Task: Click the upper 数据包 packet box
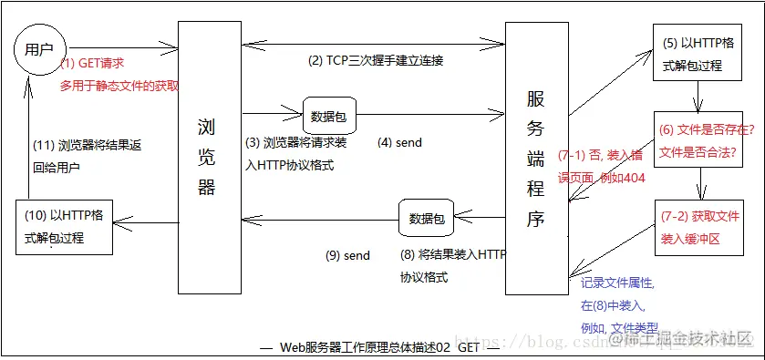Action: [x=327, y=117]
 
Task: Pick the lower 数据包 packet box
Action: [x=426, y=219]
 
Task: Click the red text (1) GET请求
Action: [x=92, y=64]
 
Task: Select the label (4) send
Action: [x=399, y=143]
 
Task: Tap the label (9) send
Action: [x=347, y=255]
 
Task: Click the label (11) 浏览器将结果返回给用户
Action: [x=86, y=156]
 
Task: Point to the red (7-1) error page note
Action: [x=602, y=166]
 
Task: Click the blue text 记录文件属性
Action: [x=617, y=283]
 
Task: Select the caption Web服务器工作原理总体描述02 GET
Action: [x=377, y=347]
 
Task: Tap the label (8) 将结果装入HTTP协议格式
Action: [x=451, y=265]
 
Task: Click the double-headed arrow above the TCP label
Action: [x=374, y=41]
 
